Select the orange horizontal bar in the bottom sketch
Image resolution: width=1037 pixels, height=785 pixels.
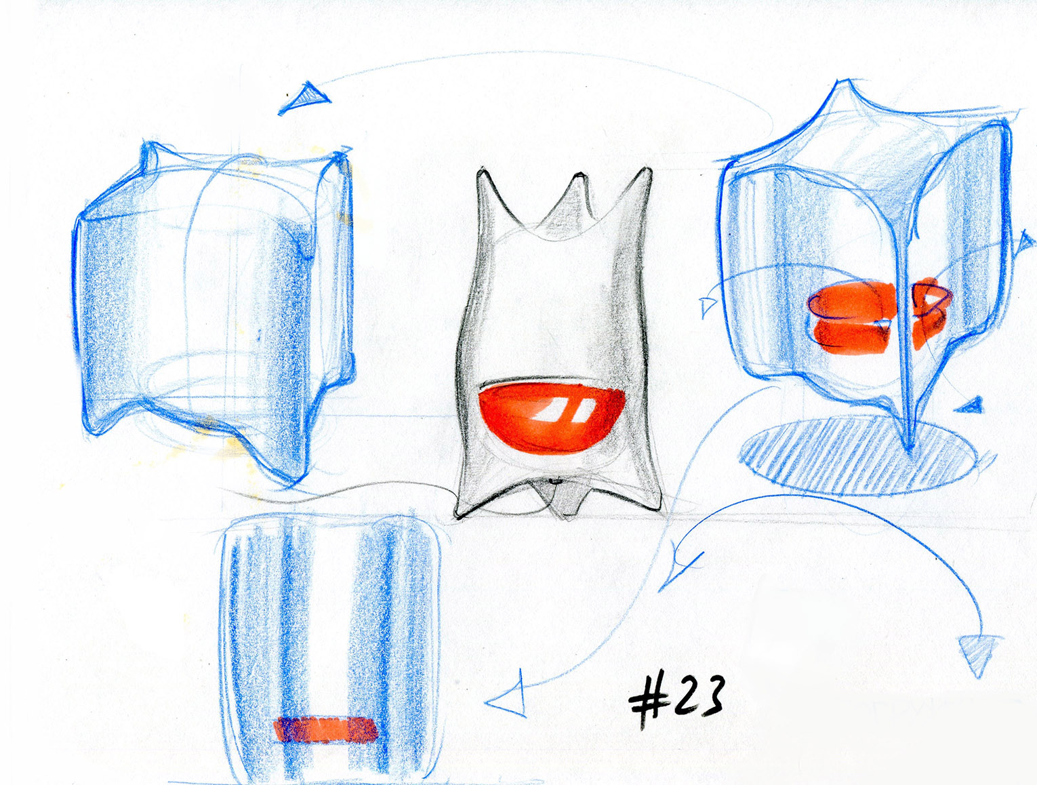tap(325, 729)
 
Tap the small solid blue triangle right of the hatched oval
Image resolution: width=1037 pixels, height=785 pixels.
tap(971, 406)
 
